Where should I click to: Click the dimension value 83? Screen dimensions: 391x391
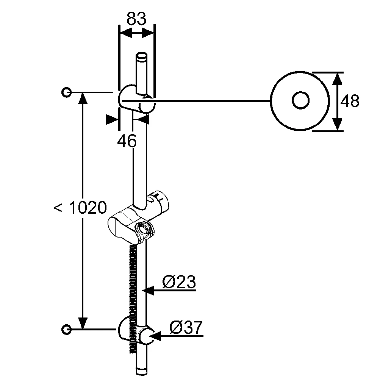coord(136,18)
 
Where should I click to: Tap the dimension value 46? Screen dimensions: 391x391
coord(127,141)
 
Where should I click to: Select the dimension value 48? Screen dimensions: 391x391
coord(350,101)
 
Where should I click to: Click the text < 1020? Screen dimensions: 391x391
coord(80,208)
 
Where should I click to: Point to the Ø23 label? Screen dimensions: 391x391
coord(179,282)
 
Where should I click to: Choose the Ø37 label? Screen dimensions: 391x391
coord(186,327)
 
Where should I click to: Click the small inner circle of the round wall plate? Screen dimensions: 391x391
coord(300,101)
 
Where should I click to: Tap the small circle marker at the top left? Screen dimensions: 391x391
coord(66,92)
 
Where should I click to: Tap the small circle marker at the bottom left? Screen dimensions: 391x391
coord(66,329)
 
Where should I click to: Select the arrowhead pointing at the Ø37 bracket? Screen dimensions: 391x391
coord(156,336)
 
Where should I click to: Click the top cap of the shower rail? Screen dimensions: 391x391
coord(142,56)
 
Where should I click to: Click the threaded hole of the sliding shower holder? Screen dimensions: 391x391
coord(143,229)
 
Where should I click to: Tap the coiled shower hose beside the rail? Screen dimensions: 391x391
coord(132,288)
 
